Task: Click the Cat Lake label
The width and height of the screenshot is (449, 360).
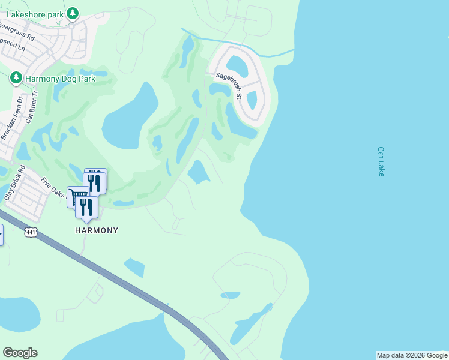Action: [x=381, y=161]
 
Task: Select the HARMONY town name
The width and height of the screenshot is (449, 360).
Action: [x=97, y=230]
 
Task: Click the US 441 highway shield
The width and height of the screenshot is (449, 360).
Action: [x=29, y=231]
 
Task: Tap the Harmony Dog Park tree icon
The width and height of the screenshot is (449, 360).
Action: [x=16, y=78]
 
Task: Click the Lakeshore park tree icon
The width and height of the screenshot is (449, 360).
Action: [x=72, y=13]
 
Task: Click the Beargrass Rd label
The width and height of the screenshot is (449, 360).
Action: [x=17, y=32]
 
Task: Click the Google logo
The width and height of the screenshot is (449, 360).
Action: [x=20, y=353]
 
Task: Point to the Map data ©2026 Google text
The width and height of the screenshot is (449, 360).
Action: [x=412, y=355]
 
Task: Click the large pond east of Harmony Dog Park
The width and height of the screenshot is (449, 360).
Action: [x=130, y=116]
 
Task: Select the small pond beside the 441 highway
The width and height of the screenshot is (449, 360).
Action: [x=134, y=267]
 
